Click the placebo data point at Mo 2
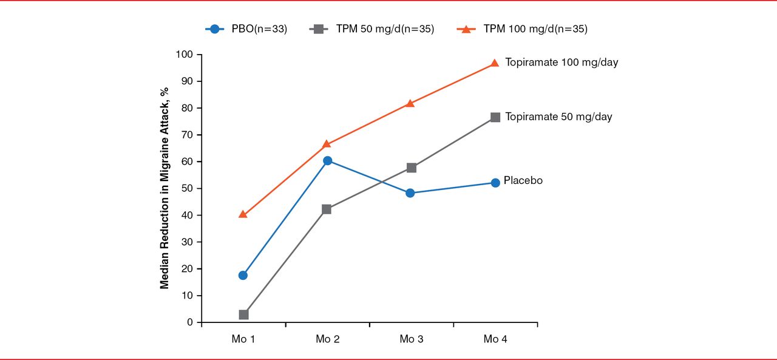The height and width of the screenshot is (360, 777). [327, 160]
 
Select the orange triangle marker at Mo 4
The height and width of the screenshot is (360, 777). [495, 63]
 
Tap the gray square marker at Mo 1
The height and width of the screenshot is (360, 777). [243, 314]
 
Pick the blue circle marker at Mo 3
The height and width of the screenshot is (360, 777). [410, 193]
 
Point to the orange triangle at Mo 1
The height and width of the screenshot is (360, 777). [243, 214]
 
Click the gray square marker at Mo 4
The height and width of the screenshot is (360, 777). [495, 117]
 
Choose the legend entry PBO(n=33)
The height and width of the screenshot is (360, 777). [246, 29]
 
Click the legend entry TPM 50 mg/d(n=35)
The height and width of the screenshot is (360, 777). [372, 29]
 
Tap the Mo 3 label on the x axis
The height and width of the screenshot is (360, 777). [411, 339]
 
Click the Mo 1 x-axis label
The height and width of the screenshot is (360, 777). [243, 339]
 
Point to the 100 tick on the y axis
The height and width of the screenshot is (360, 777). [184, 55]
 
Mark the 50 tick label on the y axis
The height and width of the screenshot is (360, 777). [186, 188]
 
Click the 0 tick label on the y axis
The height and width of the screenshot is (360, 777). [189, 322]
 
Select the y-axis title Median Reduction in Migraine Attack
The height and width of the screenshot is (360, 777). [165, 188]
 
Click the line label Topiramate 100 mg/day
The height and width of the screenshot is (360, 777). [562, 63]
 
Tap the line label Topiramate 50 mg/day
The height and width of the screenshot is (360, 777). [558, 117]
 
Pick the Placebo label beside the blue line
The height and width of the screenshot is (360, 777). [523, 180]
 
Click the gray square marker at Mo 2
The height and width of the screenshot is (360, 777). [327, 209]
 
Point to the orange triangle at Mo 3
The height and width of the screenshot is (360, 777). [410, 103]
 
